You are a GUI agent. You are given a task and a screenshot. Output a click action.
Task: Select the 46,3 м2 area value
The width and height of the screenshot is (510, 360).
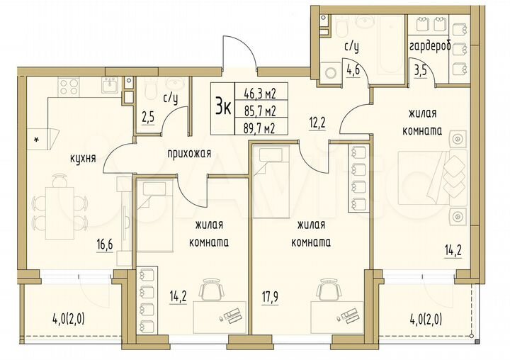tap(259, 92)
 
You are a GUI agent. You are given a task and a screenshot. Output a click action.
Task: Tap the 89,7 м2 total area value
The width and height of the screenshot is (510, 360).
tap(259, 128)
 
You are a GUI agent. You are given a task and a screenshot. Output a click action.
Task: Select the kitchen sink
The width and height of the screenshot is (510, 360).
tap(111, 85)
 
